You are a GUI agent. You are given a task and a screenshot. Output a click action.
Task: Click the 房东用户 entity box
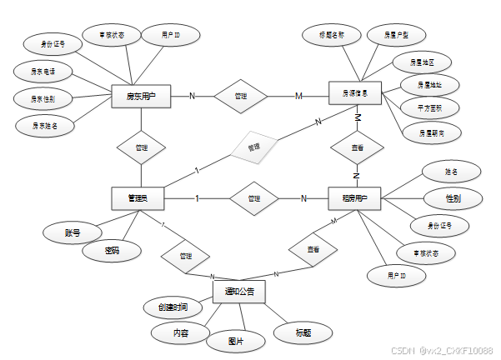point(140,97)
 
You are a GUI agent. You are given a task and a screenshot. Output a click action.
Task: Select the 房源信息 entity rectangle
point(354,95)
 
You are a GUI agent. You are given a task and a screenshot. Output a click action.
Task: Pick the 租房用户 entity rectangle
point(355,198)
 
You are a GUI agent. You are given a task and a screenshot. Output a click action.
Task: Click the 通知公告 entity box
point(239,292)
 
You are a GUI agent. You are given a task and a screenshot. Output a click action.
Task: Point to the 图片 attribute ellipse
point(236,341)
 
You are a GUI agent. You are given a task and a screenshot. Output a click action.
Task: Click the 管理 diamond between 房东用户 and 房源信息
point(241,97)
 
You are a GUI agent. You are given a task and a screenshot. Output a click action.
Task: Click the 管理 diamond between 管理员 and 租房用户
point(254,198)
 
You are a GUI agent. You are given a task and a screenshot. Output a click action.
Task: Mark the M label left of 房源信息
point(298,97)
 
